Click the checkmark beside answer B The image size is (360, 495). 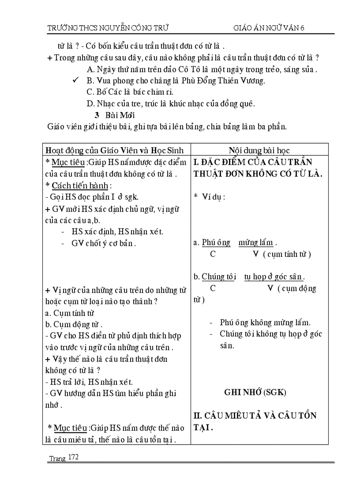[76, 80]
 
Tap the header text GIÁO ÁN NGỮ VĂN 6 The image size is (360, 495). [269, 28]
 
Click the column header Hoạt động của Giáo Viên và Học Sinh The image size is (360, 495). [115, 150]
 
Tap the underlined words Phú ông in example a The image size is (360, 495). [216, 242]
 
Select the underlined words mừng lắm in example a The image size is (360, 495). [256, 242]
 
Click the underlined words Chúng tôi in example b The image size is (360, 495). [219, 277]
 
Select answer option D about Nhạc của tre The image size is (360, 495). [171, 104]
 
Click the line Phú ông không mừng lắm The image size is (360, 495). [265, 323]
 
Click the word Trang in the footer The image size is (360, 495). [57, 458]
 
